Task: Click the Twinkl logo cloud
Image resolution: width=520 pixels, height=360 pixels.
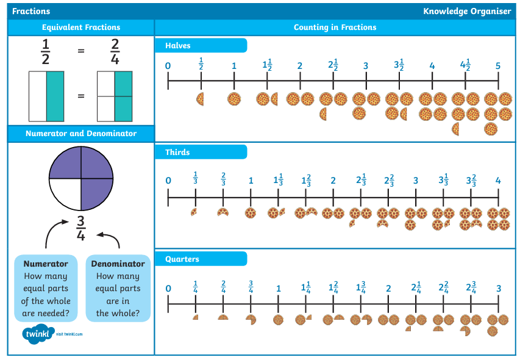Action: [38, 334]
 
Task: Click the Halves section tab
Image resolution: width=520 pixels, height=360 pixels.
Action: [201, 45]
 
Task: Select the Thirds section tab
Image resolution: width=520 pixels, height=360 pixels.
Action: [201, 153]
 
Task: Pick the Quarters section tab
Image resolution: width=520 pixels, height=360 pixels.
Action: [201, 259]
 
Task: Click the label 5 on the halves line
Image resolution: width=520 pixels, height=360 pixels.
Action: [498, 66]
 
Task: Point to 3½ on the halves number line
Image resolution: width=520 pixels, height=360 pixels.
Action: [399, 65]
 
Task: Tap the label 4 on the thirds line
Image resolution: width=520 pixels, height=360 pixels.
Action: [498, 181]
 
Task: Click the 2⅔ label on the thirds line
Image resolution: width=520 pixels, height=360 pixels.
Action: [389, 180]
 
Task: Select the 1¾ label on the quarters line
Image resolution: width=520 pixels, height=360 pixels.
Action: [361, 287]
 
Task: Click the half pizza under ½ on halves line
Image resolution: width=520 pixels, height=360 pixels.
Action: [200, 99]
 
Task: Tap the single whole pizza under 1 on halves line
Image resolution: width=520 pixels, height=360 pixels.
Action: [234, 99]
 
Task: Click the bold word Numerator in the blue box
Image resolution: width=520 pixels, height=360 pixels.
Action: [46, 264]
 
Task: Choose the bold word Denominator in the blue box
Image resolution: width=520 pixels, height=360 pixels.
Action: [118, 264]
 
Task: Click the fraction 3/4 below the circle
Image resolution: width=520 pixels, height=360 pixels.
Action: [81, 228]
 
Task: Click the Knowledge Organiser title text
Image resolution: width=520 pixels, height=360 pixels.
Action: [468, 11]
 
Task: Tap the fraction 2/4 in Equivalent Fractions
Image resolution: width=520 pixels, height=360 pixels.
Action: [115, 51]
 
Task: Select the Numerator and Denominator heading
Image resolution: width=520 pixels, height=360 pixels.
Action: [81, 134]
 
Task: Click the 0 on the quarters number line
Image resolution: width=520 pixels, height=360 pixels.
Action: [168, 289]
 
